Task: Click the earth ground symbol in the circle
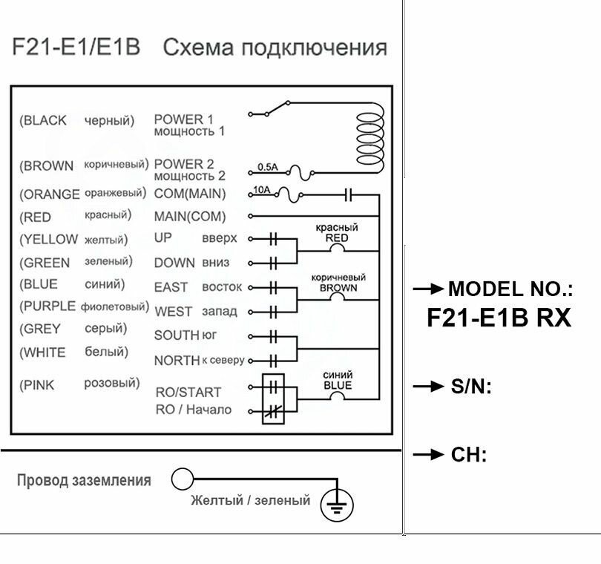337,506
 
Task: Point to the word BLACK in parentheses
46,120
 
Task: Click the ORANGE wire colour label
50,194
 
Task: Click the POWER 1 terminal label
183,119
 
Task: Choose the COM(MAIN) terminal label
189,194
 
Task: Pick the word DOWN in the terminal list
175,263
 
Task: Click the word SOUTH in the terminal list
177,335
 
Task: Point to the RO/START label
188,392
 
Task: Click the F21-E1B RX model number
499,318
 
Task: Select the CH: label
468,455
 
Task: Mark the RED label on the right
336,238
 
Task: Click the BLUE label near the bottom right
338,385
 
